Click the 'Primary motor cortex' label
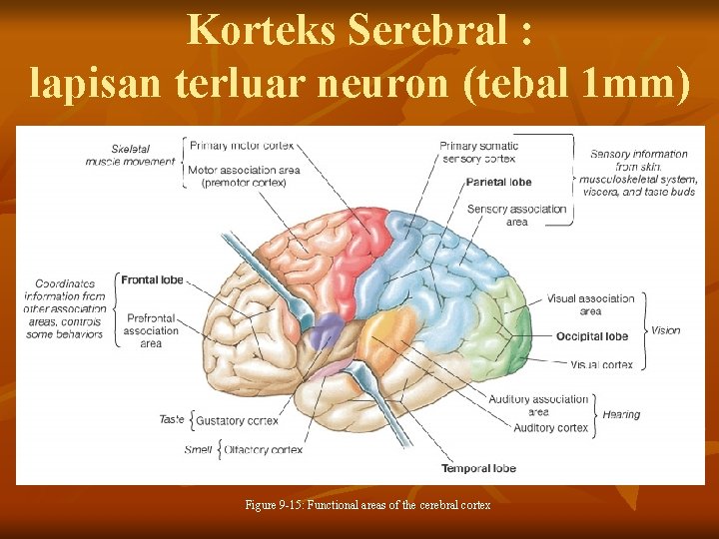(241, 146)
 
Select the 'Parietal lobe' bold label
(498, 183)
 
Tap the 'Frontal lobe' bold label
(153, 280)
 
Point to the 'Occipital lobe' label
(592, 336)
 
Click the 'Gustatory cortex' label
(237, 421)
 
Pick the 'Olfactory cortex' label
(264, 450)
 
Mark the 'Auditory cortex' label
(550, 428)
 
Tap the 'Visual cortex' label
(601, 364)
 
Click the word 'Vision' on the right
(665, 330)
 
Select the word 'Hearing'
(621, 414)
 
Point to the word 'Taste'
(171, 419)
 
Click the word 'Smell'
(198, 450)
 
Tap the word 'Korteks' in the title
(262, 30)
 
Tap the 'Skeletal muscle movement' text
(130, 155)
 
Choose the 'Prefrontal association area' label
(151, 330)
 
